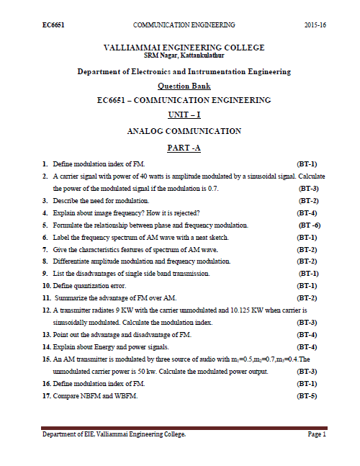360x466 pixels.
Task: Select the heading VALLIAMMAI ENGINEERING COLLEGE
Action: tap(184, 47)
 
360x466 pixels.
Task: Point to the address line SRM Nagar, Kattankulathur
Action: tap(184, 55)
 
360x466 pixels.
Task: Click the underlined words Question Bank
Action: tap(184, 85)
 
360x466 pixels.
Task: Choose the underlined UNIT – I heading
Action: tap(184, 115)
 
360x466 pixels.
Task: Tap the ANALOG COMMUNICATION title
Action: tap(184, 132)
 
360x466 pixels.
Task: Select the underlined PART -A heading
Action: tap(184, 148)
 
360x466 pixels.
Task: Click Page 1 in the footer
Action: tap(318, 435)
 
